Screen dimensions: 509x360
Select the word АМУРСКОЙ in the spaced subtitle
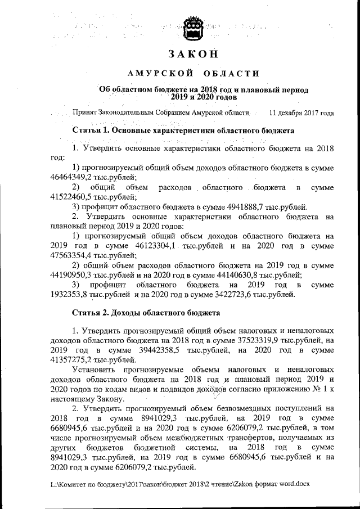pyautogui.click(x=154, y=73)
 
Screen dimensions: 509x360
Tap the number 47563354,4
pyautogui.click(x=70, y=255)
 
